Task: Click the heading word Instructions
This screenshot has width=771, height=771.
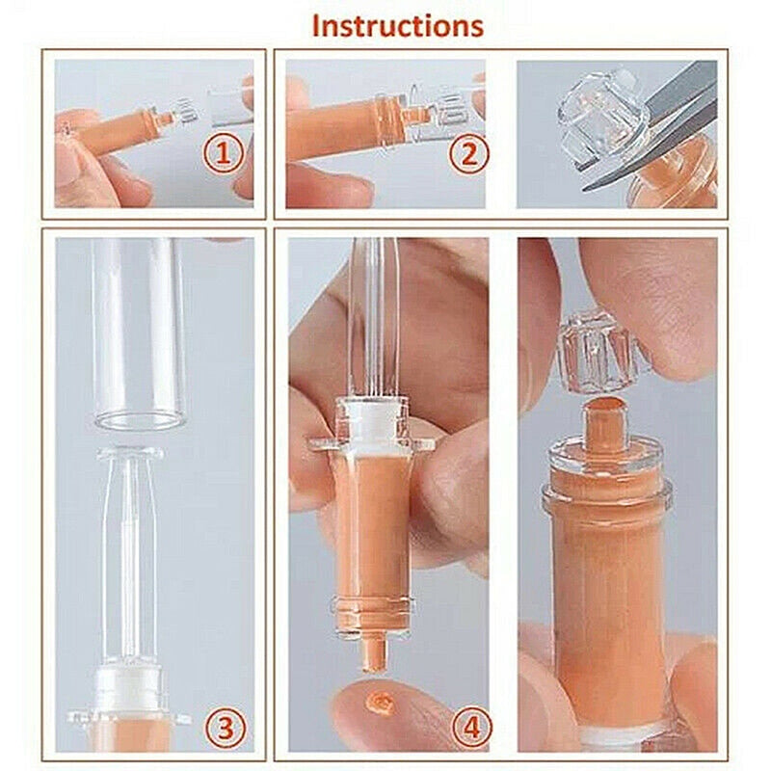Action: [x=396, y=26]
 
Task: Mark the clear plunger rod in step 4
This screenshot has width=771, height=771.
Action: [x=372, y=308]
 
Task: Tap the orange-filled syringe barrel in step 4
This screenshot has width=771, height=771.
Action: [x=372, y=520]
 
